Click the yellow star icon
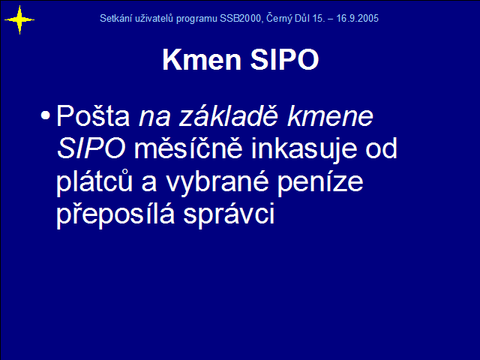(x=19, y=20)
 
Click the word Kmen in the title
(x=202, y=59)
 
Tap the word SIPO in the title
(x=284, y=59)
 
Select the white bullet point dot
(x=45, y=115)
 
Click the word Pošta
(x=93, y=115)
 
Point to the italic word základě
(x=229, y=115)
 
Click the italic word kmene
(x=330, y=116)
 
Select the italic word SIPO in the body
(x=91, y=148)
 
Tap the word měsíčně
(x=188, y=148)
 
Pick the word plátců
(x=94, y=181)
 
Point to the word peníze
(x=320, y=182)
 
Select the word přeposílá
(x=115, y=214)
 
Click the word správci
(x=229, y=214)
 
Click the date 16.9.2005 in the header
(x=357, y=18)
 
